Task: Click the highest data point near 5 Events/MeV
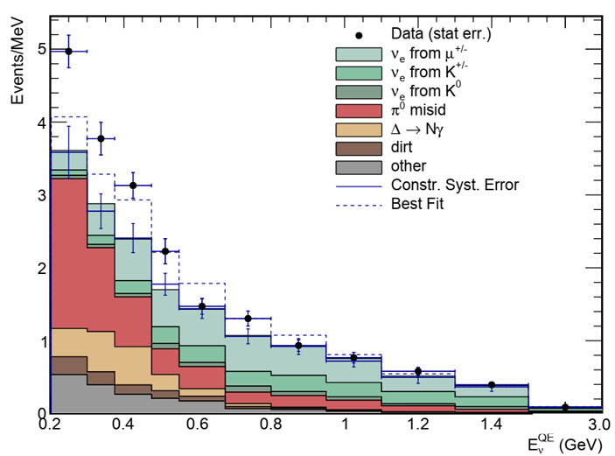68,51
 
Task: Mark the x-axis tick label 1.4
492,424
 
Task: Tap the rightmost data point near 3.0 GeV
565,407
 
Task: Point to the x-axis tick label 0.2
51,424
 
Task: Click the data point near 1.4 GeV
492,385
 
